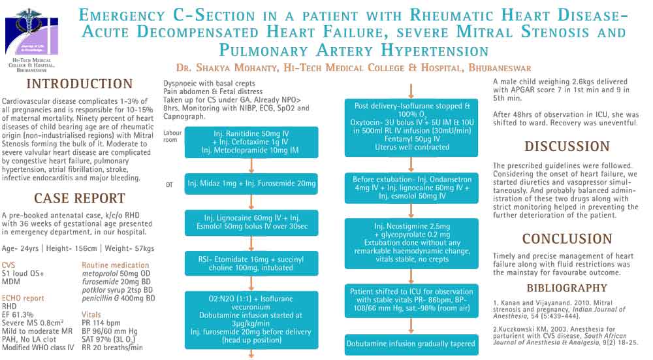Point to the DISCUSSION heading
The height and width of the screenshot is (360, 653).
click(567, 146)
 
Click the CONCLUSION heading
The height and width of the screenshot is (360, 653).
click(567, 239)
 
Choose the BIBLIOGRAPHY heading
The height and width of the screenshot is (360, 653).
click(567, 288)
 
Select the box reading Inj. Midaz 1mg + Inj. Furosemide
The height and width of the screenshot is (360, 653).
click(251, 184)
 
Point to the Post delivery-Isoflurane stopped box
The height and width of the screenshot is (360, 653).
click(412, 127)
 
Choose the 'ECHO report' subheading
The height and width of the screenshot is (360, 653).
click(23, 298)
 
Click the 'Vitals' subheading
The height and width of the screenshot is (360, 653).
click(91, 314)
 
